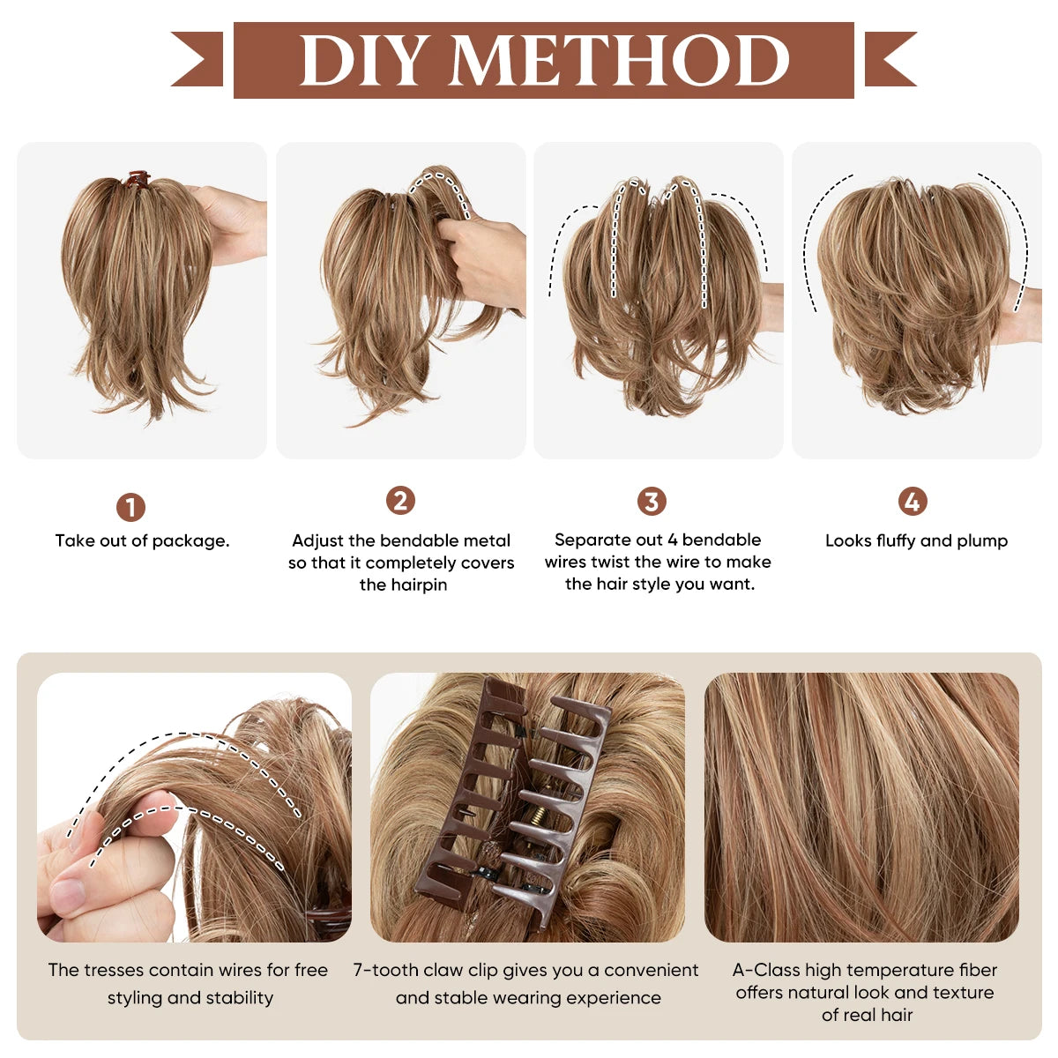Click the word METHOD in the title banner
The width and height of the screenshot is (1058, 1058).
621,61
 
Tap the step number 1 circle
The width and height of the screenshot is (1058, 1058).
130,508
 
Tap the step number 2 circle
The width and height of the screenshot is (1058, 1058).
400,501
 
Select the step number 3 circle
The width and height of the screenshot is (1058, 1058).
652,502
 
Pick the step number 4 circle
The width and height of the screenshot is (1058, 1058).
913,502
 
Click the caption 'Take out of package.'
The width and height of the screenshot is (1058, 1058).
142,540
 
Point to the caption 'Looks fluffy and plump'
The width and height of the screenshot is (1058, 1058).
916,540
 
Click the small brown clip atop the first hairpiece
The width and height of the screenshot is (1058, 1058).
137,179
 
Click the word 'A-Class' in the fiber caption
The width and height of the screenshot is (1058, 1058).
765,970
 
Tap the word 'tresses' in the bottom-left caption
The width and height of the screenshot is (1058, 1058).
115,970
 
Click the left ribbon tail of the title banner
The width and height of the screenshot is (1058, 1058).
199,59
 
